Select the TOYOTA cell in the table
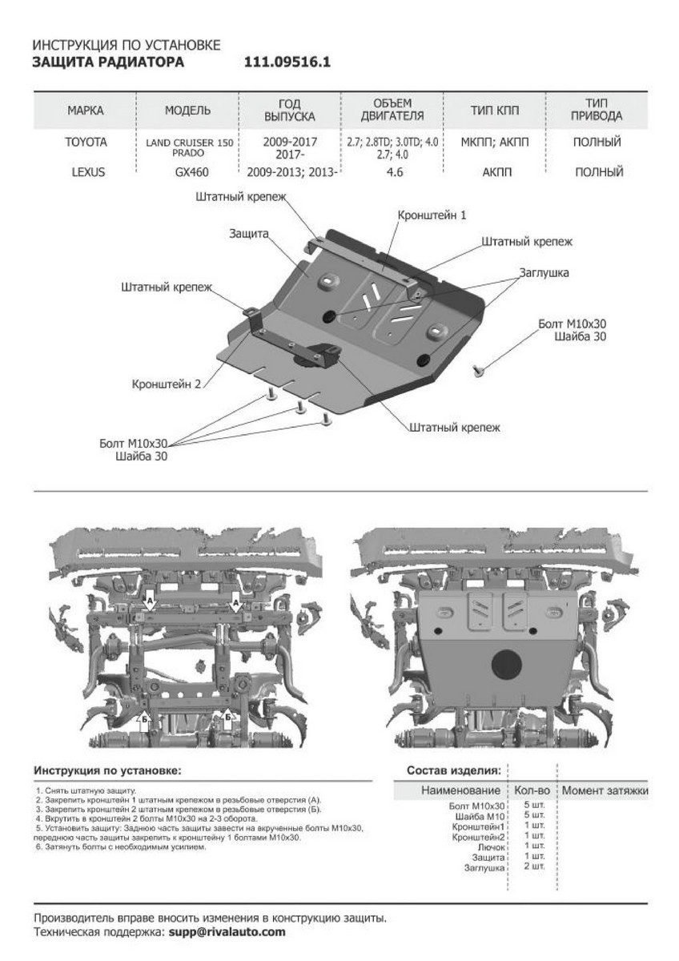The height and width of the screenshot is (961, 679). coord(86,142)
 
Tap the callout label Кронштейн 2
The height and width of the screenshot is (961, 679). coord(167,384)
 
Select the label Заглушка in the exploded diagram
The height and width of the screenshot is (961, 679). coord(544,272)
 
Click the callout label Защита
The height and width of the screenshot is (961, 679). coord(248,232)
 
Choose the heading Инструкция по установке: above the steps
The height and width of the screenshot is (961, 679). coord(107,770)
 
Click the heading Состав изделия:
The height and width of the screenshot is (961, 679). coord(453,770)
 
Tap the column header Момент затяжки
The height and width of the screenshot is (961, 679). coord(605,791)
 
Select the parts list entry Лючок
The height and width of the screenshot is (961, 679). coord(491,846)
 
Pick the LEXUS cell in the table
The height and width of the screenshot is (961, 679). coord(86,171)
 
